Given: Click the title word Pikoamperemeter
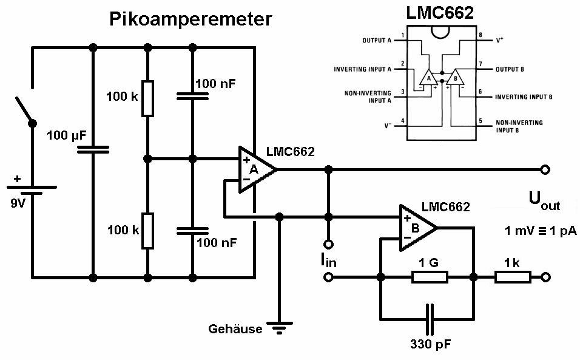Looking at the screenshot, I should tap(191, 19).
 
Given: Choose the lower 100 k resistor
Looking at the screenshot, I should tap(147, 231).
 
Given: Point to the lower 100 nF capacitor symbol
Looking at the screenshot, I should tap(192, 231).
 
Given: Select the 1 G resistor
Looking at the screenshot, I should tap(430, 277).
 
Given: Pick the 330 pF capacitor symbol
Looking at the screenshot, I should tap(430, 318).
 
